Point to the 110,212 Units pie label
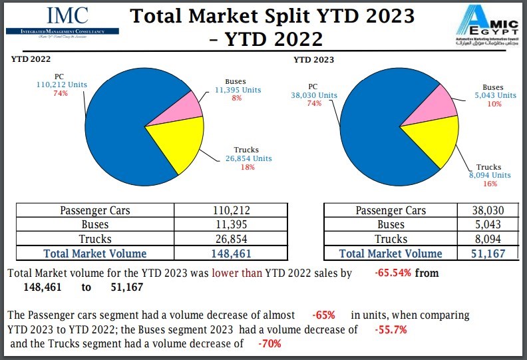(61, 85)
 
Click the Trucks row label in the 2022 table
(94, 239)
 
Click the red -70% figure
(269, 343)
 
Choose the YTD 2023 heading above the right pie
(313, 60)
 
